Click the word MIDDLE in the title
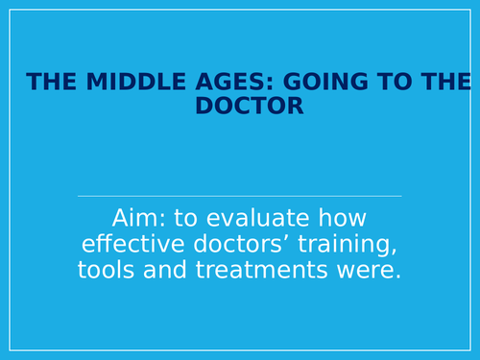(109, 82)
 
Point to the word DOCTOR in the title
(250, 106)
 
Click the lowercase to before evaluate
(189, 216)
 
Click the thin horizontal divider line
(240, 196)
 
